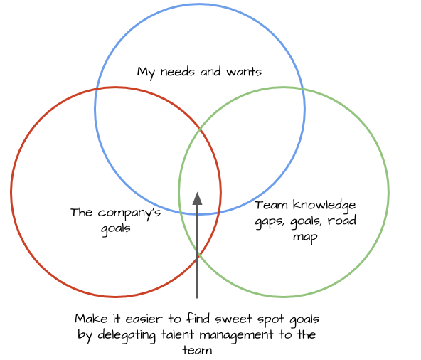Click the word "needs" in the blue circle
(177, 72)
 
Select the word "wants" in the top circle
(244, 72)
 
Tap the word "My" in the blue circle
(146, 73)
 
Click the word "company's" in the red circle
(129, 213)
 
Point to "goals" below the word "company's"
(116, 229)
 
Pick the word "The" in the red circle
(82, 213)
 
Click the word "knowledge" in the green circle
(324, 206)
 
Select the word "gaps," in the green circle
(270, 222)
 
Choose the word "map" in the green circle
(305, 238)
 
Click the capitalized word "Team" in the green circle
(271, 206)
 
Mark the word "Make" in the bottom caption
(91, 319)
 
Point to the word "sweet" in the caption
(233, 319)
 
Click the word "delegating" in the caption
(127, 336)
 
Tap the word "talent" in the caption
(178, 335)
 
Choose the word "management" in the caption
(236, 336)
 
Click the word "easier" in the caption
(144, 319)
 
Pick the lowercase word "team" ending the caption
(198, 351)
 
